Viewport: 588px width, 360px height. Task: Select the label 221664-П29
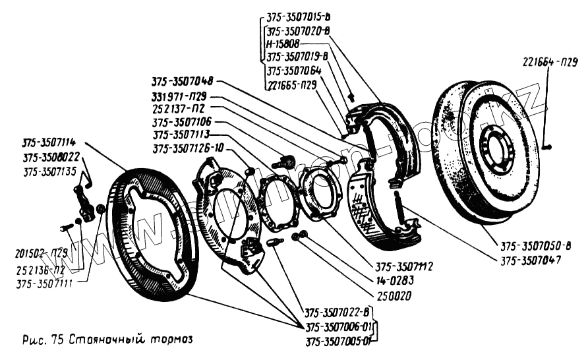[550, 63]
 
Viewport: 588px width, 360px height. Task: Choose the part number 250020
[390, 296]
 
